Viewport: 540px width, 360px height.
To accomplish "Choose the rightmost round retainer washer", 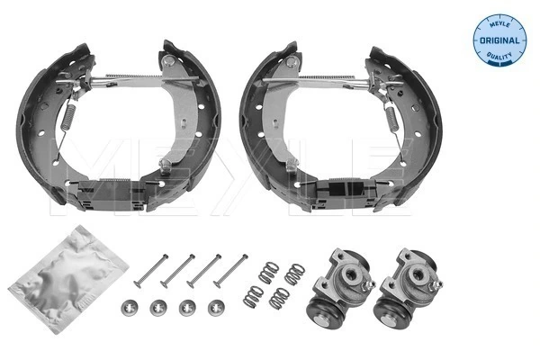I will pyautogui.click(x=215, y=307).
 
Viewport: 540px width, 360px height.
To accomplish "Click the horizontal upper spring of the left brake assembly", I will pyautogui.click(x=135, y=77).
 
